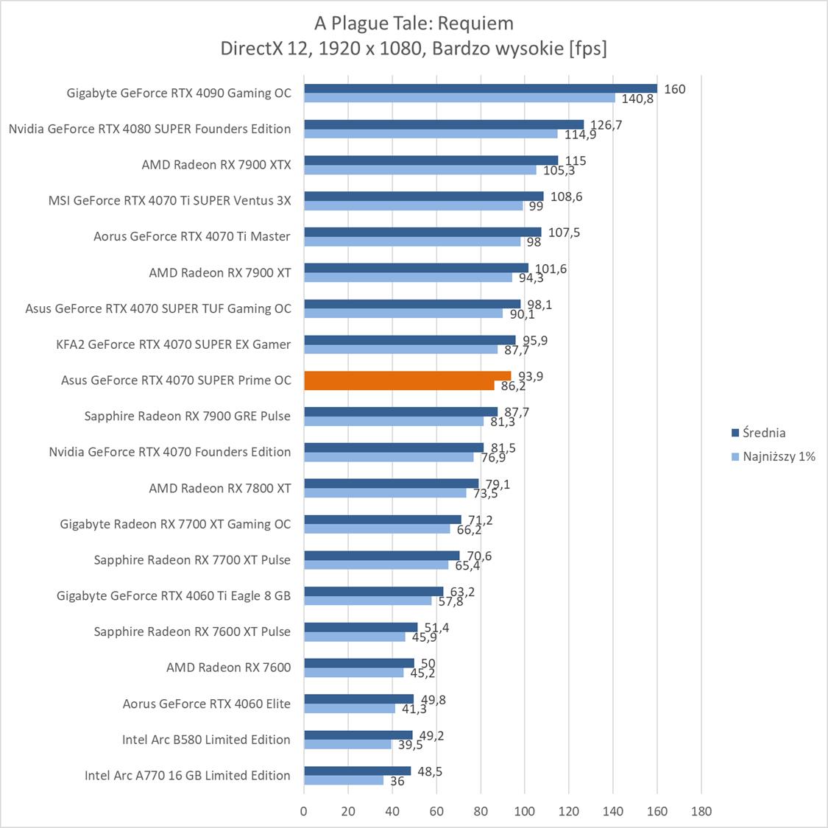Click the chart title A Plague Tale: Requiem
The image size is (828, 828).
click(414, 24)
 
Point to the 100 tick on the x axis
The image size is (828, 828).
click(525, 811)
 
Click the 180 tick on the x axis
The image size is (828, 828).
click(701, 811)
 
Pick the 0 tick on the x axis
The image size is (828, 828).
click(304, 811)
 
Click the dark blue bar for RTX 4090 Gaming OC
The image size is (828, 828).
click(480, 88)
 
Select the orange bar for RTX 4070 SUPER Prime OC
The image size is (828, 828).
click(407, 376)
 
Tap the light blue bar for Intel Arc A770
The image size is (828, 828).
click(344, 780)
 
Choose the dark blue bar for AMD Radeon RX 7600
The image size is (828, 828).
click(359, 663)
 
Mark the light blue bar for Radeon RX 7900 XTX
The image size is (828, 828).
click(420, 170)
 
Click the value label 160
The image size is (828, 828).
click(674, 89)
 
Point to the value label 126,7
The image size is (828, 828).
click(606, 125)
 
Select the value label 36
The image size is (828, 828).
click(397, 782)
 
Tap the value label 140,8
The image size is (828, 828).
click(637, 99)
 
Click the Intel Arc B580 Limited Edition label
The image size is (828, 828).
click(206, 740)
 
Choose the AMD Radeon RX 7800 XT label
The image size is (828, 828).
click(219, 488)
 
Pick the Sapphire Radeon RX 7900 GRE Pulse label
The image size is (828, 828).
click(187, 416)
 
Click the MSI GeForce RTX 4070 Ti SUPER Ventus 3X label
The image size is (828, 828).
click(169, 200)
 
